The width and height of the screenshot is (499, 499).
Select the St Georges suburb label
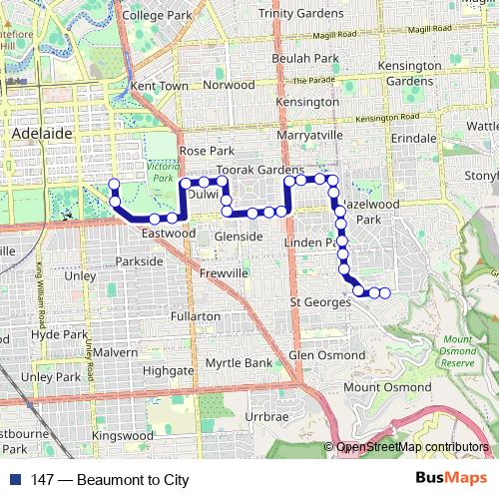[x=320, y=301]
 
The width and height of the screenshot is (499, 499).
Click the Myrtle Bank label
[x=238, y=362]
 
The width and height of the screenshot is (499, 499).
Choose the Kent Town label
[x=160, y=87]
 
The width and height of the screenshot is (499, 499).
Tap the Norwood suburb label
[x=229, y=85]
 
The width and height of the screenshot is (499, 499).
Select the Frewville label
[x=223, y=272]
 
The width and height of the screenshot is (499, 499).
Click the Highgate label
[x=167, y=369]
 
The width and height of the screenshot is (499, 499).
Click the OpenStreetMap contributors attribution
[x=412, y=447]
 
